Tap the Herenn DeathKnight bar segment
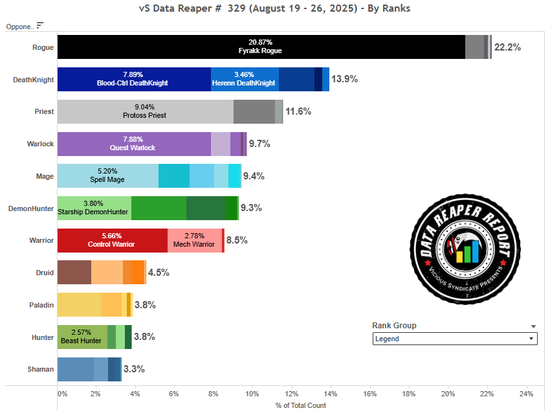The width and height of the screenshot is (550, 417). [x=245, y=79]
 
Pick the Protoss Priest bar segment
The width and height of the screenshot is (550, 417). [x=145, y=111]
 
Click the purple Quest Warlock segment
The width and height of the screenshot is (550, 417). [x=134, y=143]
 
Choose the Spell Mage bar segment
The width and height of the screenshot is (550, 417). [x=107, y=175]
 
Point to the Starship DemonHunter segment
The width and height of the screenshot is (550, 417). [x=94, y=207]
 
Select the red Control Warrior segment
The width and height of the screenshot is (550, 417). [x=112, y=240]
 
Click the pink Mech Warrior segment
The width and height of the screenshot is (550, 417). [x=195, y=240]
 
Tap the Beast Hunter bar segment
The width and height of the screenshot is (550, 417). [x=82, y=336]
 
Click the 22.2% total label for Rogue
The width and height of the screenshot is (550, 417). [x=507, y=47]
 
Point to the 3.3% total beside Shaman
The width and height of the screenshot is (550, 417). [x=134, y=368]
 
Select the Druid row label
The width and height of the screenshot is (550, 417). [x=45, y=272]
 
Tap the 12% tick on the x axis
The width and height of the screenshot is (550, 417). [x=291, y=394]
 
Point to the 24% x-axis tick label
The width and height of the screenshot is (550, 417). [x=525, y=394]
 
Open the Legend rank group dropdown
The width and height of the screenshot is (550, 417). [x=455, y=339]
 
